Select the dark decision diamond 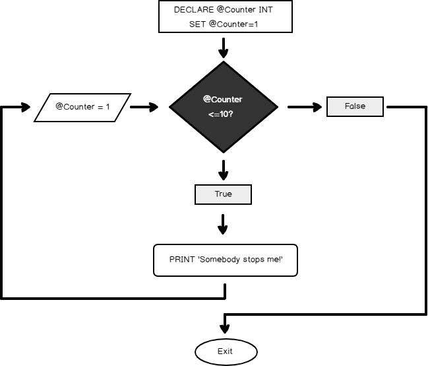click(x=223, y=106)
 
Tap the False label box click(x=355, y=106)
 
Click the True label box click(x=223, y=195)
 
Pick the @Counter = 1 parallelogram click(x=83, y=107)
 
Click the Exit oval click(x=225, y=351)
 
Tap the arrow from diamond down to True click(x=223, y=170)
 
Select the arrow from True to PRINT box click(x=223, y=224)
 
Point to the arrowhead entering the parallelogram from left click(x=26, y=107)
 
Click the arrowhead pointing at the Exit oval click(x=225, y=328)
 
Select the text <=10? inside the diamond click(x=223, y=113)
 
